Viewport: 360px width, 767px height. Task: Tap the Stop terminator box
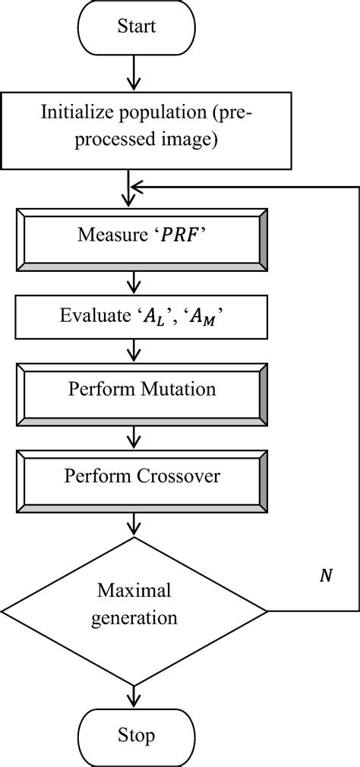click(x=135, y=736)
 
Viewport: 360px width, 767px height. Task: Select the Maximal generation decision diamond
click(x=135, y=604)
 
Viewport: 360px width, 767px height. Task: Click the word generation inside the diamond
click(x=134, y=618)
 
